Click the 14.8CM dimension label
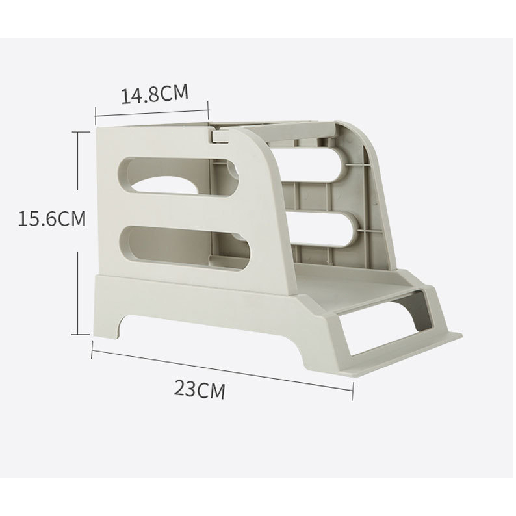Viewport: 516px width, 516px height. click(155, 94)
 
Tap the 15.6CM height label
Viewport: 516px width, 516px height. click(52, 218)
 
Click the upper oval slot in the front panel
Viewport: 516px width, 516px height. click(177, 177)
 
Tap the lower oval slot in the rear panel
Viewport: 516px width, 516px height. click(324, 228)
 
